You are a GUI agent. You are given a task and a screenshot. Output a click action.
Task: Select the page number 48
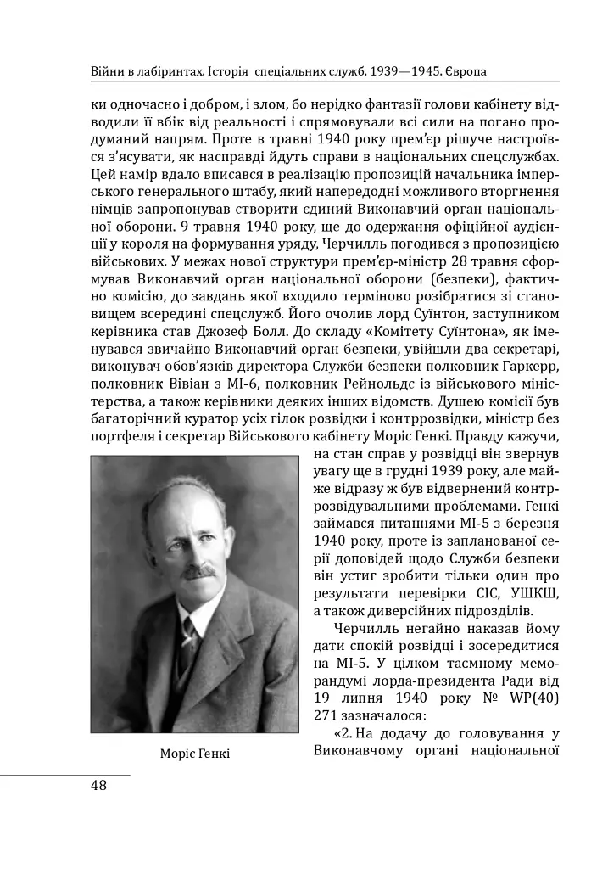point(98,785)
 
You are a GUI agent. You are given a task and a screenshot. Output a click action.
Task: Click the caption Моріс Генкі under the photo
point(194,754)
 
